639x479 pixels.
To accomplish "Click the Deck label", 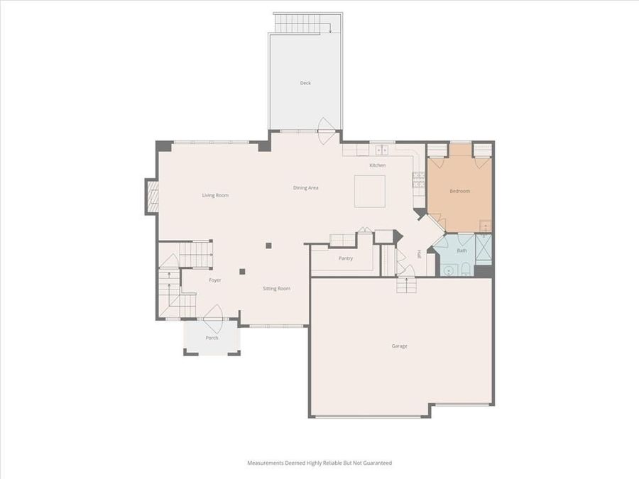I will click(305, 83).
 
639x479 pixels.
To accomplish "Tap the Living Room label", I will click(215, 195).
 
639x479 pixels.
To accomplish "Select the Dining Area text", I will click(306, 188).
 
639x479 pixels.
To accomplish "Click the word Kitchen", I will click(377, 165).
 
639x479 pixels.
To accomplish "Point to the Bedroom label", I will click(459, 191).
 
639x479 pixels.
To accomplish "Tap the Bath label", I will click(461, 250).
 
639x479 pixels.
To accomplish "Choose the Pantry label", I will click(346, 258).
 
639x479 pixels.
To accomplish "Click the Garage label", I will click(400, 346).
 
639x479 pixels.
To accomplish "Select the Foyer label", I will click(215, 280).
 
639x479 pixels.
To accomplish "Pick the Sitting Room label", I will click(277, 289).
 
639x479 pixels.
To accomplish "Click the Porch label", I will click(212, 338).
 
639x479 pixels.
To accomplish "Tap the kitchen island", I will click(370, 190).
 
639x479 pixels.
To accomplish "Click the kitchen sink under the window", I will click(381, 150).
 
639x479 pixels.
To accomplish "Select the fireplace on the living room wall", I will click(151, 197).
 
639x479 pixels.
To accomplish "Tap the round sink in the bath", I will click(448, 269).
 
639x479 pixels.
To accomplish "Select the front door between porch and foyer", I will click(212, 314).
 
